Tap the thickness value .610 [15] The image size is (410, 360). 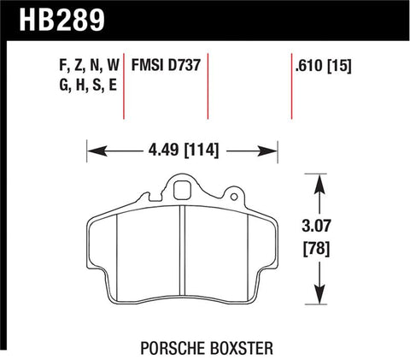click(x=322, y=65)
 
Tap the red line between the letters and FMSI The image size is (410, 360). click(x=126, y=90)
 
